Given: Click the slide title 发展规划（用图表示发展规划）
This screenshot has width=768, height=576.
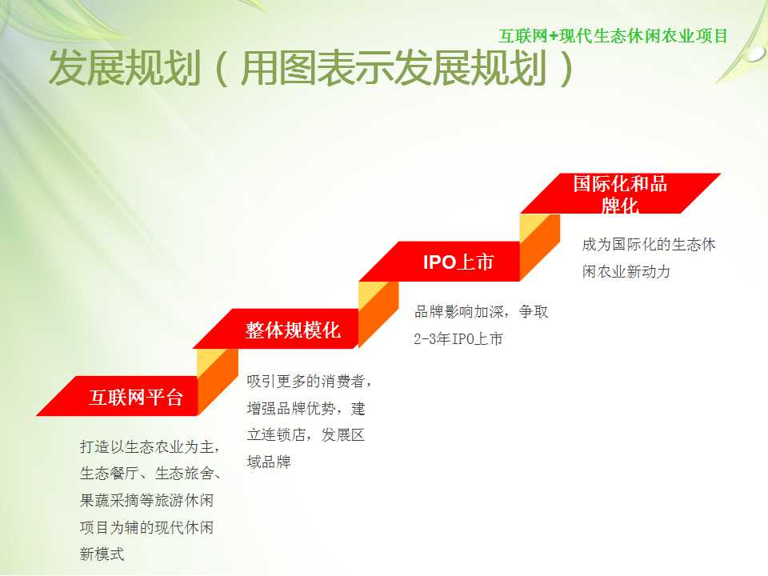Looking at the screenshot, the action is (311, 68).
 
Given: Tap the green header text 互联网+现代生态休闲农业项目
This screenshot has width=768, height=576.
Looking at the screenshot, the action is (614, 36).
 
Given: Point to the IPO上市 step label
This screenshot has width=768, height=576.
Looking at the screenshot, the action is (458, 262).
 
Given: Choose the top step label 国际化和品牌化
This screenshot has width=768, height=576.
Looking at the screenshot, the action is (620, 194).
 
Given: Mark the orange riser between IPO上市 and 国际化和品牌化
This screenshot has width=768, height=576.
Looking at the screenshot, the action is (540, 247).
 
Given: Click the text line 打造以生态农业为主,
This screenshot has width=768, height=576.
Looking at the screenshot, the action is (150, 446).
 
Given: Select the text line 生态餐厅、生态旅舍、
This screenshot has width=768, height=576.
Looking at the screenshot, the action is (150, 474).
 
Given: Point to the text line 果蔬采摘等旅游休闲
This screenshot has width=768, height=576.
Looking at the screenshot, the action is (146, 501).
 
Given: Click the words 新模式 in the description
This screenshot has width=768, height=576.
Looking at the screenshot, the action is (102, 554).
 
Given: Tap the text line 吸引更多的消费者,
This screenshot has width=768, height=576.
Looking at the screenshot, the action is (309, 381).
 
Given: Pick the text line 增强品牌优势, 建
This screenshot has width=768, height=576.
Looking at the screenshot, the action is (306, 408).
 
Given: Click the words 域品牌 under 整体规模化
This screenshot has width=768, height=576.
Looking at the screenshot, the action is (269, 462).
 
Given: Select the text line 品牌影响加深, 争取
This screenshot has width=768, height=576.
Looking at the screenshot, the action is (481, 311).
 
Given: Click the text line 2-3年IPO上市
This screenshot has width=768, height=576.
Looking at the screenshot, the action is (458, 338).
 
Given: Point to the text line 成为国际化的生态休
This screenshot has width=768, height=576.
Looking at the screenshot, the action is (649, 245).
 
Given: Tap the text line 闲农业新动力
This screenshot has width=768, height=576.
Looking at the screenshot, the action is (626, 271).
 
